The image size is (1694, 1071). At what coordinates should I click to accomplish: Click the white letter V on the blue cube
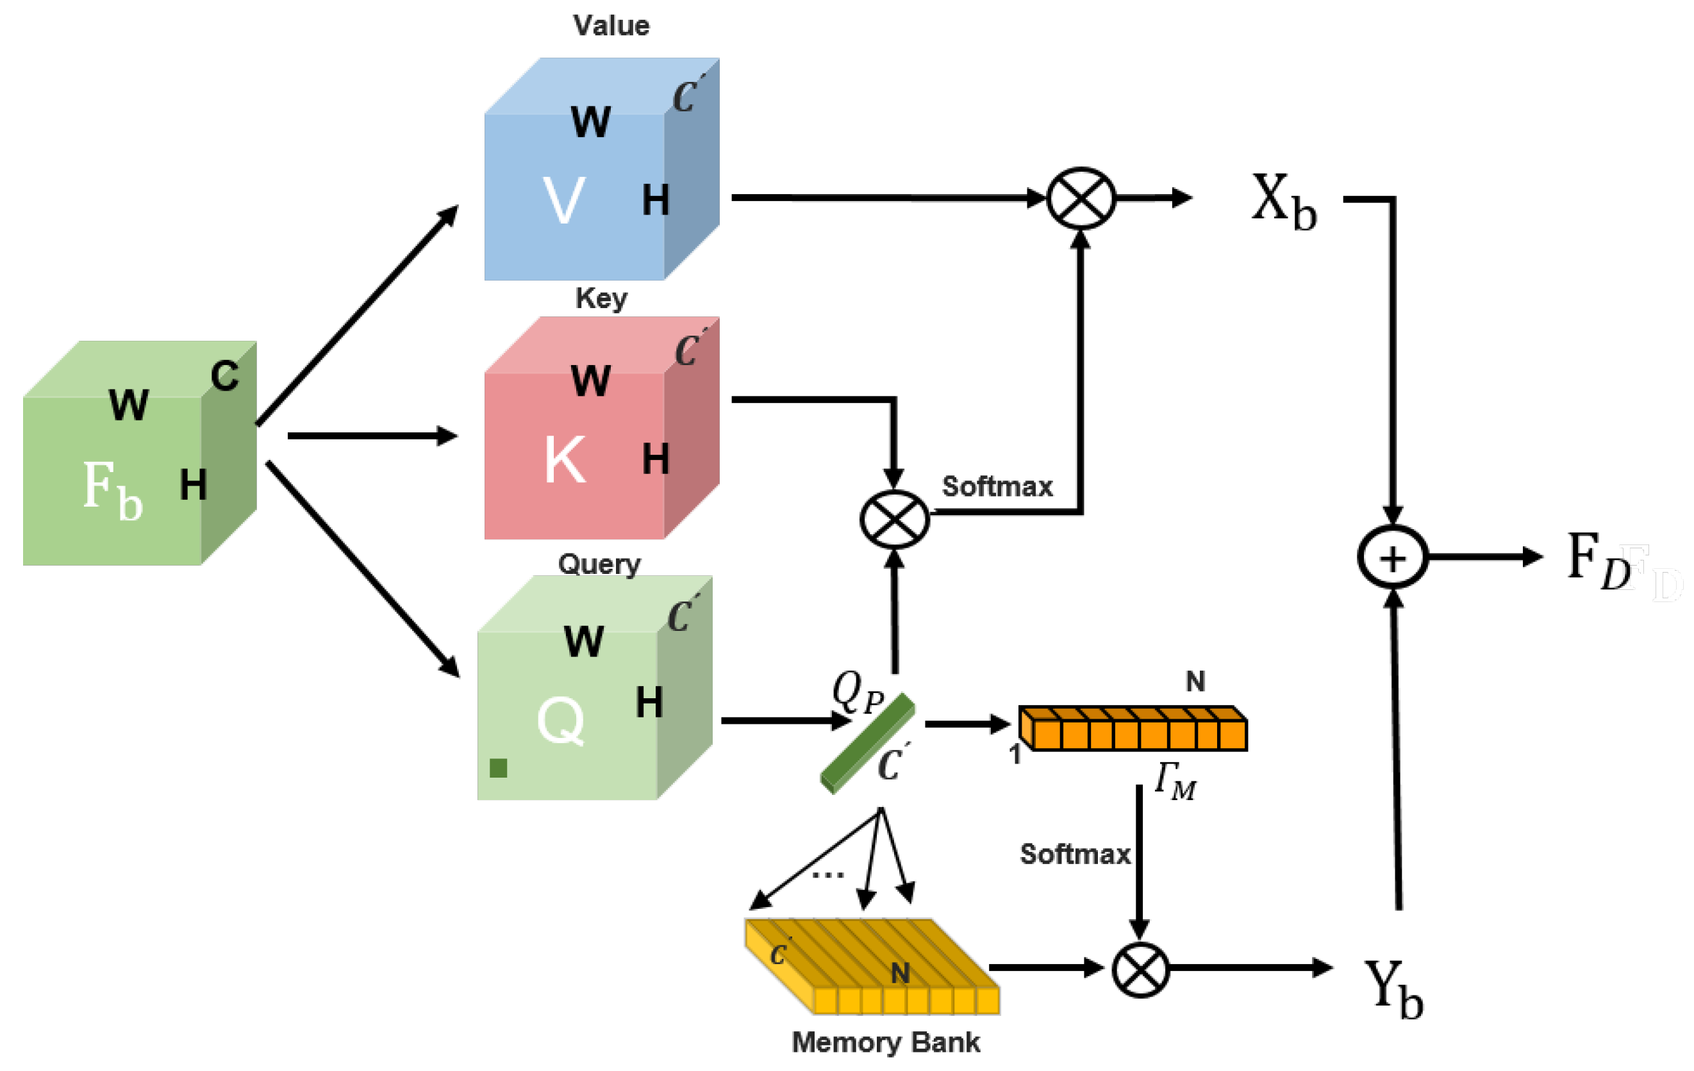click(x=563, y=200)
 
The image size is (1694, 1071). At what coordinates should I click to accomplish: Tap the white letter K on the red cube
click(x=565, y=459)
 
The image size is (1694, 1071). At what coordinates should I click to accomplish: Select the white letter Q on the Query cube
click(x=561, y=720)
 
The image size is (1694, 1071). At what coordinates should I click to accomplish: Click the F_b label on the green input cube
click(x=113, y=489)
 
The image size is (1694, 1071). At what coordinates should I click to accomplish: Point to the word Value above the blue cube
click(x=611, y=26)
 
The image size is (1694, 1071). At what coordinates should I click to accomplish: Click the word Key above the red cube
click(x=601, y=298)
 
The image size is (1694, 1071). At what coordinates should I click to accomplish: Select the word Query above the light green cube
click(x=599, y=564)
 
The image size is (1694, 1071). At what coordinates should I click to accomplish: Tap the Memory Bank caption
click(x=886, y=1042)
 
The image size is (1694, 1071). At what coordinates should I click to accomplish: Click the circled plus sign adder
click(x=1393, y=557)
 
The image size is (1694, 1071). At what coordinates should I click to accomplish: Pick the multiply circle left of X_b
click(x=1081, y=199)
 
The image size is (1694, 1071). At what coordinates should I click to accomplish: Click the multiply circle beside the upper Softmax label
click(x=895, y=519)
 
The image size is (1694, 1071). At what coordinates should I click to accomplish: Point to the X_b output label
click(x=1284, y=202)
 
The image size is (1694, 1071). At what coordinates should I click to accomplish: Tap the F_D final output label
click(x=1599, y=560)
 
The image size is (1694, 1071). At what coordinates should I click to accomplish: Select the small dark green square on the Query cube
click(x=498, y=768)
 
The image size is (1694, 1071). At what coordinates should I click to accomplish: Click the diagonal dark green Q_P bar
click(x=867, y=743)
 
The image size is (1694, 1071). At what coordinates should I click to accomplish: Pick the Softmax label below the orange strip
click(x=1075, y=854)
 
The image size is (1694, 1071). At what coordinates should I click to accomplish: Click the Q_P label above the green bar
click(x=858, y=692)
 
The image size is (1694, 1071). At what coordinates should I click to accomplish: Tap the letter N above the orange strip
click(x=1195, y=681)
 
